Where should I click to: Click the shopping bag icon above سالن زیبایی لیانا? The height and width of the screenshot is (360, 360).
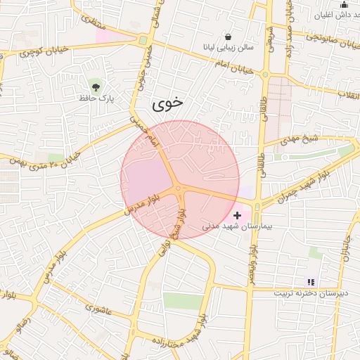click(x=228, y=37)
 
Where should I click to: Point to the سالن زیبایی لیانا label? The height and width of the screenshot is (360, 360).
click(x=229, y=48)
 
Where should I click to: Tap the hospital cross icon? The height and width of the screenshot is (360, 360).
click(x=237, y=215)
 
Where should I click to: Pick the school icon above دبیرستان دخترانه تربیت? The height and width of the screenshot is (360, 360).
click(x=311, y=282)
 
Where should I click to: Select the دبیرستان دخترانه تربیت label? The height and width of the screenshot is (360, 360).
click(x=309, y=293)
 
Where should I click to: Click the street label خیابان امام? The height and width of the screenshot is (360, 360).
click(x=224, y=61)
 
